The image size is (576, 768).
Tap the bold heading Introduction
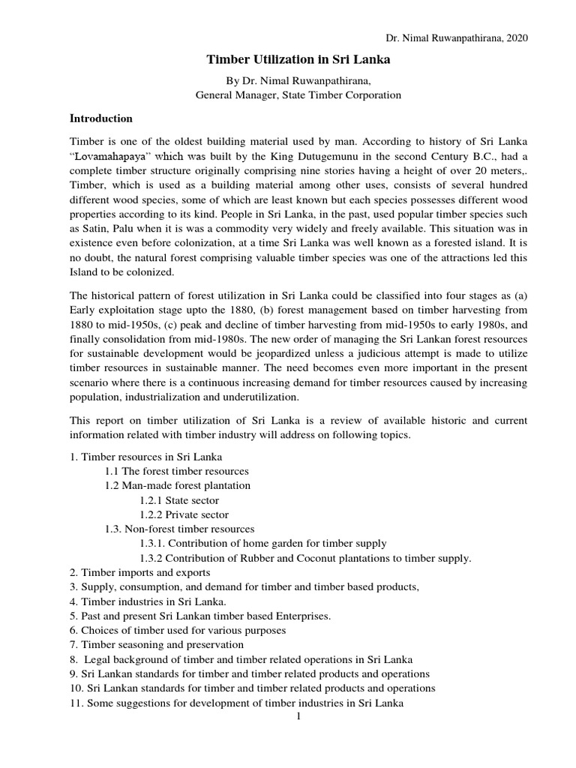pyautogui.click(x=101, y=118)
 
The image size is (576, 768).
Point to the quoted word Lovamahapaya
pyautogui.click(x=109, y=157)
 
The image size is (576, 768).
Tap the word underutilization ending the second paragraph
pyautogui.click(x=259, y=396)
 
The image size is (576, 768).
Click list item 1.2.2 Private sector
pyautogui.click(x=184, y=514)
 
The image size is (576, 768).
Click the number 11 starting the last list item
pyautogui.click(x=76, y=703)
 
